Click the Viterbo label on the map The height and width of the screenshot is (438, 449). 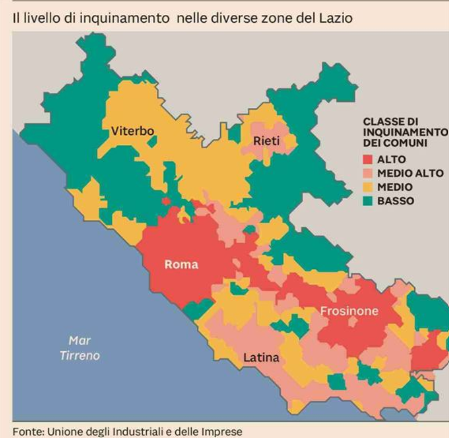(132, 131)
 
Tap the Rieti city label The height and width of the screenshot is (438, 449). (266, 141)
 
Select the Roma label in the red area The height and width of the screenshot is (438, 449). (181, 264)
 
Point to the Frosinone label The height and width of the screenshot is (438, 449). (349, 311)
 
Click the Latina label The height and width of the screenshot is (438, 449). (261, 359)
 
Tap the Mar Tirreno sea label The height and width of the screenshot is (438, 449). (80, 348)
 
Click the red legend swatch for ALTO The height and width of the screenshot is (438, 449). (368, 160)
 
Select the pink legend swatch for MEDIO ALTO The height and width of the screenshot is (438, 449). (368, 174)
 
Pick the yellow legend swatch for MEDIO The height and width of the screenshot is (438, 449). (368, 187)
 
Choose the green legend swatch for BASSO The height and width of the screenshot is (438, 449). (368, 201)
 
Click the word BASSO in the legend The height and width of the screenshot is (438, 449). (395, 201)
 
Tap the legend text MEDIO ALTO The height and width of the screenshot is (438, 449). (410, 174)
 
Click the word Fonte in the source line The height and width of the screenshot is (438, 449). (26, 431)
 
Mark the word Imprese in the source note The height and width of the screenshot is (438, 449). (225, 431)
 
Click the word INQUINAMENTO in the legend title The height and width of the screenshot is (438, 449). (406, 132)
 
